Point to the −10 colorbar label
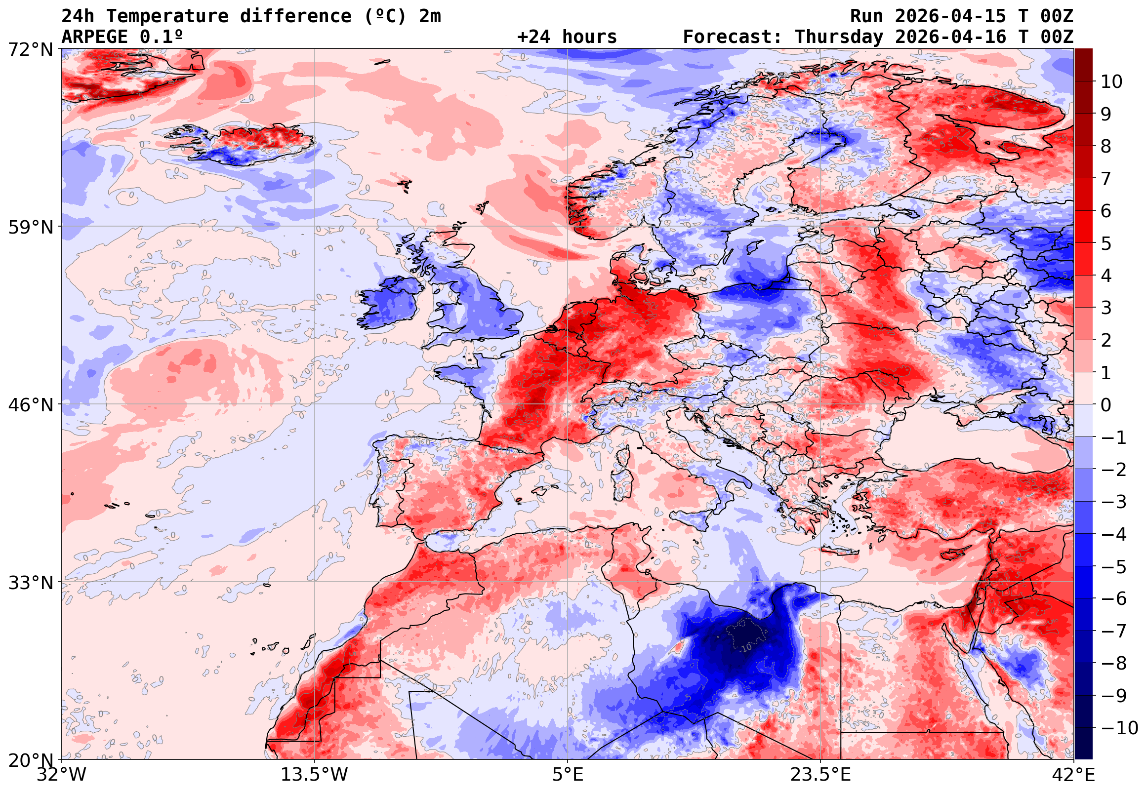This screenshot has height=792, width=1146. point(1119,728)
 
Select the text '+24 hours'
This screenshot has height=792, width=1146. point(567,37)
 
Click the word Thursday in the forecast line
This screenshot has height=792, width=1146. point(839,37)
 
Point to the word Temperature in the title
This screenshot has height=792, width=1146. point(167,16)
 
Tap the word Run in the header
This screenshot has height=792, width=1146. point(866,16)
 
